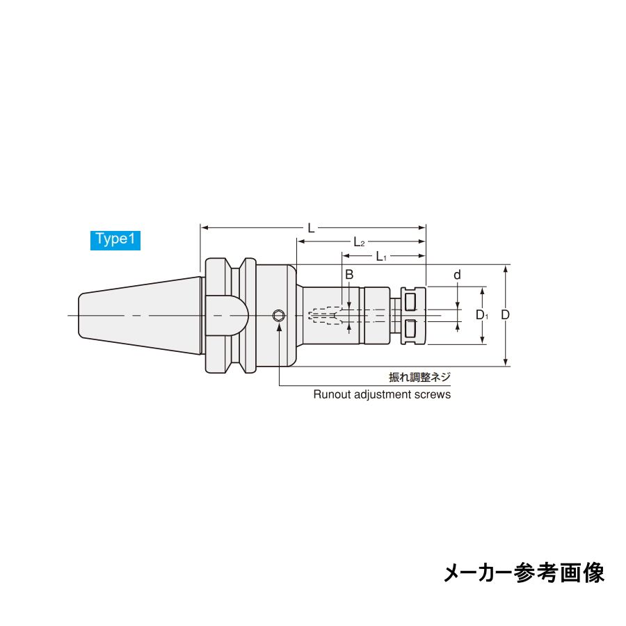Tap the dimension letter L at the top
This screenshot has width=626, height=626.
click(311, 227)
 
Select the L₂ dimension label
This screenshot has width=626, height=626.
click(359, 242)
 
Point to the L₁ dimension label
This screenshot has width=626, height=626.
click(381, 256)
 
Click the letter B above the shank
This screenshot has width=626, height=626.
click(349, 275)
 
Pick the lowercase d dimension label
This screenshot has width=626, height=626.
click(457, 275)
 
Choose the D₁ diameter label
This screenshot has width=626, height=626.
click(482, 315)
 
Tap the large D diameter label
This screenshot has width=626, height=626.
click(506, 315)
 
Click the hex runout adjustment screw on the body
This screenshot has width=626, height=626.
click(279, 316)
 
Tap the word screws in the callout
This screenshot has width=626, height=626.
click(435, 394)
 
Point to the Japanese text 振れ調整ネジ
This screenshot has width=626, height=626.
click(419, 378)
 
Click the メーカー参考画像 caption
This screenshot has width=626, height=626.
click(524, 572)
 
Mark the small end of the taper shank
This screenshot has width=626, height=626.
click(81, 316)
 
